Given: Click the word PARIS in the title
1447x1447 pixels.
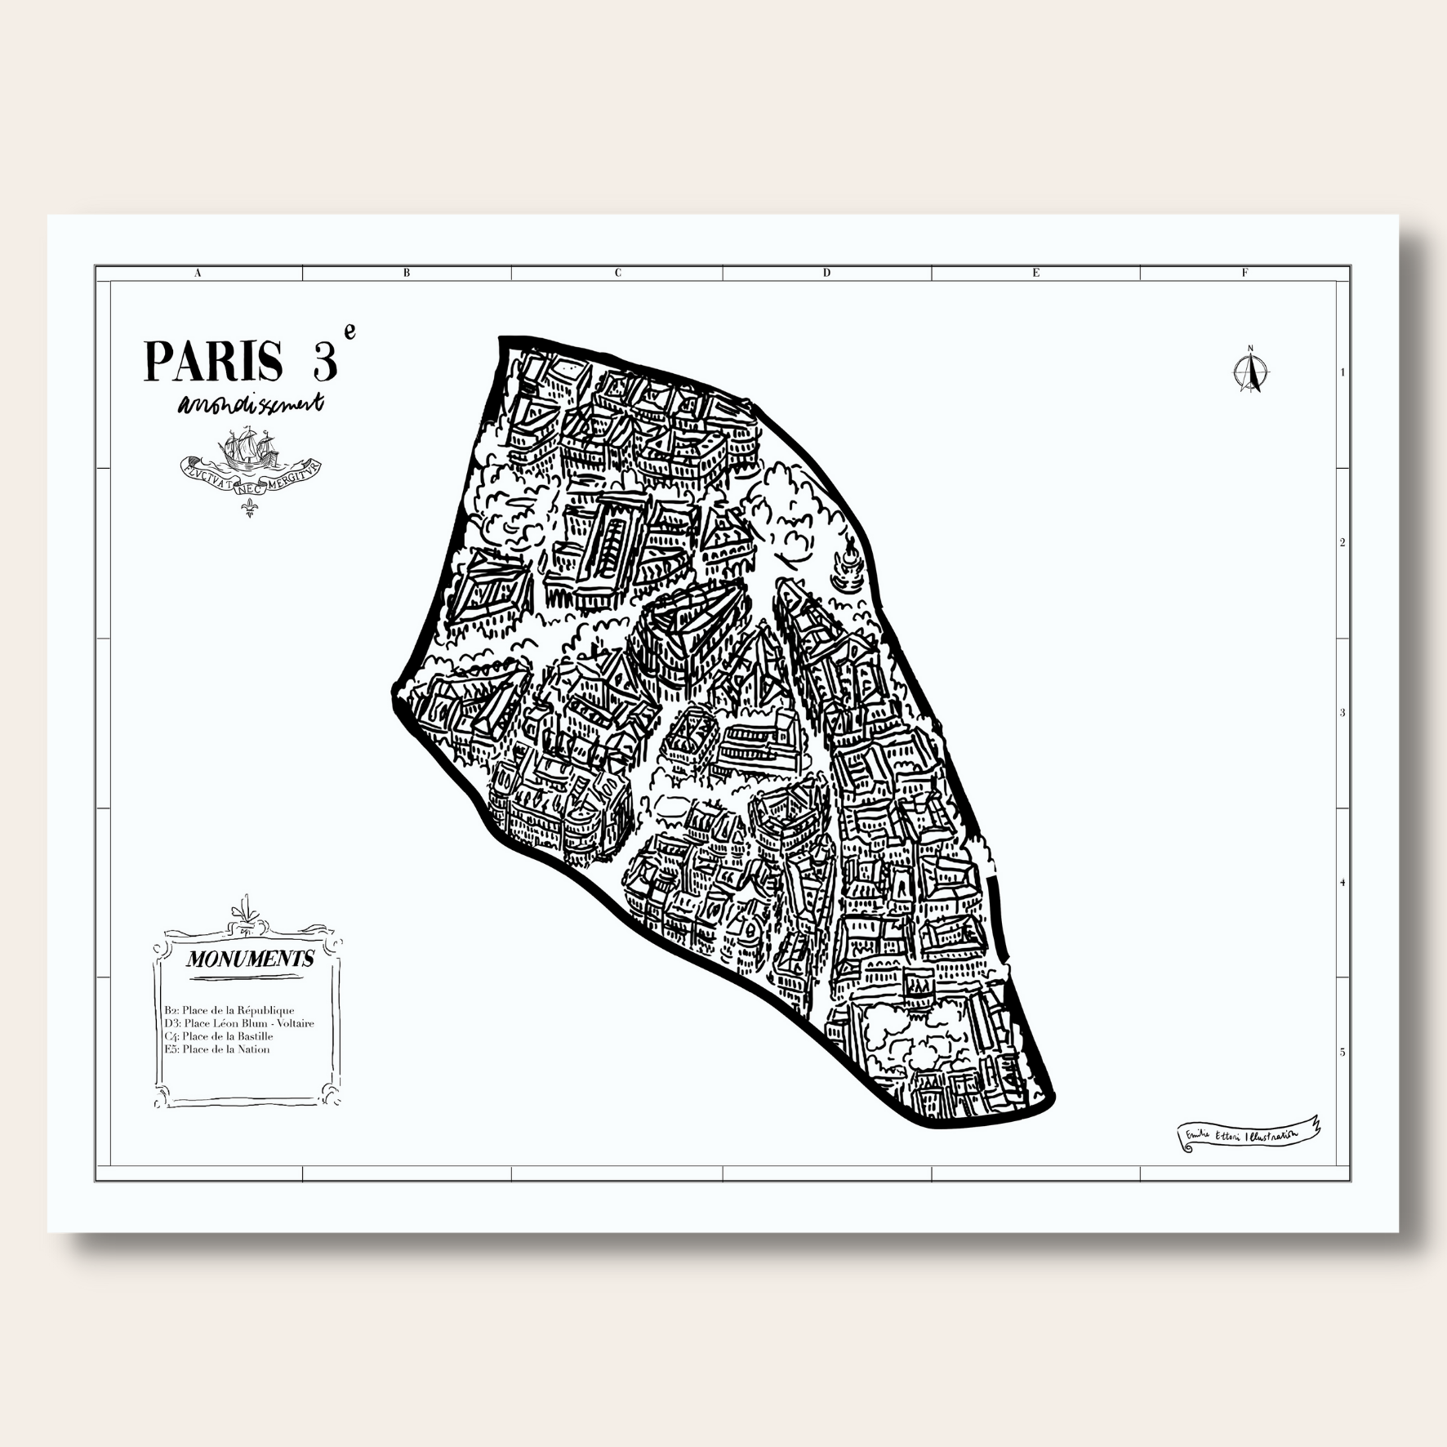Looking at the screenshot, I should click(213, 362).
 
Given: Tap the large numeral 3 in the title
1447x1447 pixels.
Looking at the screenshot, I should click(324, 362).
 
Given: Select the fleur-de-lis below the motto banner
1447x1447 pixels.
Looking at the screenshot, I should click(250, 510).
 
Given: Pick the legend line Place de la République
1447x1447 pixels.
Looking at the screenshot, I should click(229, 1010).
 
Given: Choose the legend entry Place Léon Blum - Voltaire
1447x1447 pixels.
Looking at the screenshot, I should click(239, 1023).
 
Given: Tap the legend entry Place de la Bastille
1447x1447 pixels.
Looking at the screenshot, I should click(219, 1036).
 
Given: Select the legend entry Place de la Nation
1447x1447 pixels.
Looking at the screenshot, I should click(217, 1049).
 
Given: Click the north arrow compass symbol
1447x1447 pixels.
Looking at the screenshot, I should click(1249, 372).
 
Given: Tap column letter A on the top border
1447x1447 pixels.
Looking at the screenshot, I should click(198, 274).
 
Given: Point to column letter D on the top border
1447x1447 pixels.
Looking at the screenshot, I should click(826, 274).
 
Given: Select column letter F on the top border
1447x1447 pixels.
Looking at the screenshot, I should click(1244, 274).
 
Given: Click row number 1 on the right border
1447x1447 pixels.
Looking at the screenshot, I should click(1342, 372).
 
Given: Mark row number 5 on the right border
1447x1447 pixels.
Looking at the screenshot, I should click(1342, 1053).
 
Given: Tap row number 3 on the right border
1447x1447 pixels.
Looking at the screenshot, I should click(1342, 713).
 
